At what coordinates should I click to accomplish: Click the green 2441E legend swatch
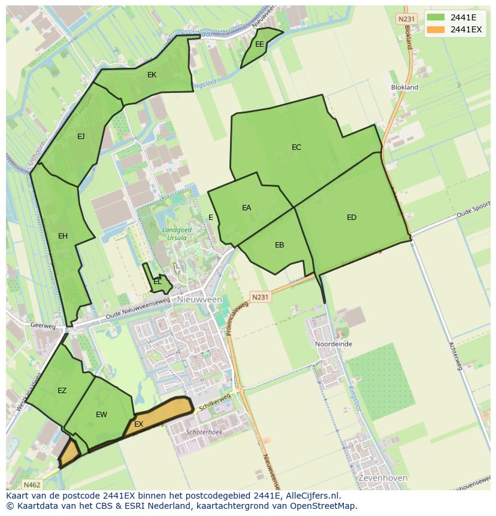[x=435, y=17]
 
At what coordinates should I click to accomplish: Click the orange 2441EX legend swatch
[x=435, y=29]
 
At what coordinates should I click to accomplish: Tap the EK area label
[x=152, y=75]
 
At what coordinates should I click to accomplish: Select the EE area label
[x=259, y=44]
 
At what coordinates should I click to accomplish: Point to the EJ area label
[x=81, y=137]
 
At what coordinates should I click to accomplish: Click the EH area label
[x=63, y=236]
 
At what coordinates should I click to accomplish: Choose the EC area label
[x=297, y=147]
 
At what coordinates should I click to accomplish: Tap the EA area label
[x=246, y=208]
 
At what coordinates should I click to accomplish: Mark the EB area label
[x=279, y=245]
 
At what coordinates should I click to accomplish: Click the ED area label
[x=352, y=218]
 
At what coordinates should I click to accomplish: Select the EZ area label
[x=62, y=391]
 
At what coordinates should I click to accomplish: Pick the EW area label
[x=101, y=415]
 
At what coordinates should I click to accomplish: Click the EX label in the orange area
[x=138, y=424]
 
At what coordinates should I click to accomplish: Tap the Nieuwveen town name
[x=199, y=299]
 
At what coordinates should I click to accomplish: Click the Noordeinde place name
[x=334, y=345]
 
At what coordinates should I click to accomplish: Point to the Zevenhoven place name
[x=382, y=478]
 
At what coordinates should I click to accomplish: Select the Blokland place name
[x=404, y=87]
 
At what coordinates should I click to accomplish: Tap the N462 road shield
[x=32, y=484]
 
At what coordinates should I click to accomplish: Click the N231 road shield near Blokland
[x=406, y=19]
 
